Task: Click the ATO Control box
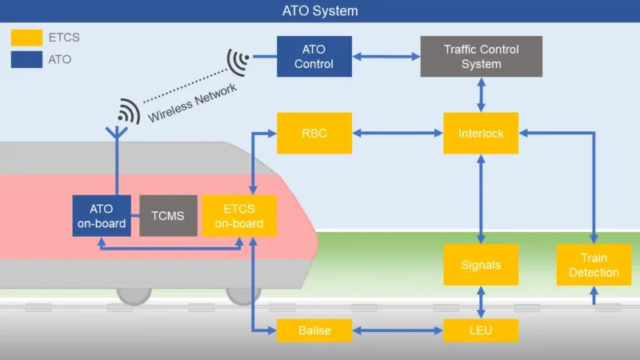pyautogui.click(x=314, y=56)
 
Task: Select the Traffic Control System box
pyautogui.click(x=481, y=56)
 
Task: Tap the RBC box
pyautogui.click(x=314, y=133)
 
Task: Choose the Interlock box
pyautogui.click(x=481, y=133)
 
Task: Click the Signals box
pyautogui.click(x=481, y=265)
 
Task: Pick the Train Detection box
pyautogui.click(x=594, y=265)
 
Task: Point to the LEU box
pyautogui.click(x=481, y=330)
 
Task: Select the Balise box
pyautogui.click(x=314, y=330)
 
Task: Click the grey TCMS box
pyautogui.click(x=168, y=215)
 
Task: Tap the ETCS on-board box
pyautogui.click(x=239, y=215)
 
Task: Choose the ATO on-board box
pyautogui.click(x=101, y=215)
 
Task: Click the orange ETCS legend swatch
pyautogui.click(x=26, y=37)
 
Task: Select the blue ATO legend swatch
pyautogui.click(x=26, y=59)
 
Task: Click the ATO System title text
pyautogui.click(x=320, y=11)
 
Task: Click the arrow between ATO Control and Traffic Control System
pyautogui.click(x=386, y=56)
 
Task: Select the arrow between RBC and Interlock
pyautogui.click(x=398, y=133)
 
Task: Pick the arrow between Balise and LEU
pyautogui.click(x=398, y=330)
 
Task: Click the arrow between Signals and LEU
pyautogui.click(x=481, y=302)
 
